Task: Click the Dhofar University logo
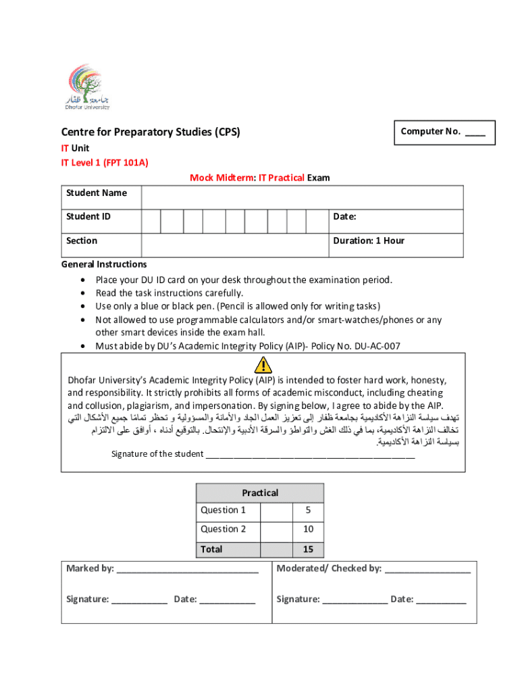(88, 87)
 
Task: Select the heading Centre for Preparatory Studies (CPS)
(151, 132)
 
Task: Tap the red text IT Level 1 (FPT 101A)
(105, 163)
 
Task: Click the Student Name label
(97, 193)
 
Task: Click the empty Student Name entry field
(302, 197)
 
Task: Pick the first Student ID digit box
(151, 221)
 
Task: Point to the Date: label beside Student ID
(344, 217)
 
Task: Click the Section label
(82, 241)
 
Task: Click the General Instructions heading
(104, 264)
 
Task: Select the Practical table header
(260, 493)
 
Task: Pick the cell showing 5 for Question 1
(307, 510)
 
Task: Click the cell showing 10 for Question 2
(307, 529)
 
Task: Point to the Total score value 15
(307, 549)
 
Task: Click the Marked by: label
(90, 568)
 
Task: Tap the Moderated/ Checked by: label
(329, 568)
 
